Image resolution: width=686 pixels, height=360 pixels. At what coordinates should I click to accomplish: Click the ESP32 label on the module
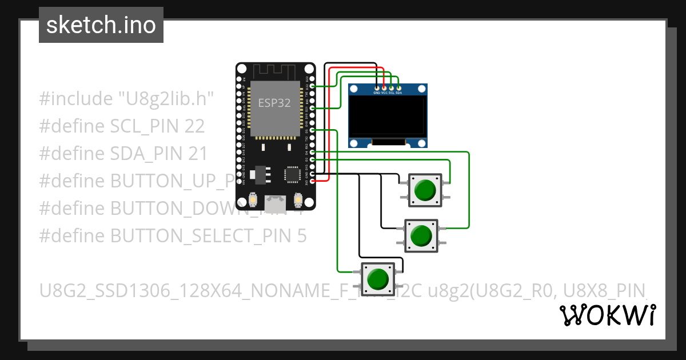tap(274, 103)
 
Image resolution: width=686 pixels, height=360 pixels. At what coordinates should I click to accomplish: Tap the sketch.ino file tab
tap(101, 25)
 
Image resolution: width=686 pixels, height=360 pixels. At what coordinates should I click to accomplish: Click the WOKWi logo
tap(607, 315)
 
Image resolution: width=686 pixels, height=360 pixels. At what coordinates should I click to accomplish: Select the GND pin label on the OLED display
tap(377, 92)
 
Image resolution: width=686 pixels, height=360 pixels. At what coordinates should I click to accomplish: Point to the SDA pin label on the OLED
tap(398, 92)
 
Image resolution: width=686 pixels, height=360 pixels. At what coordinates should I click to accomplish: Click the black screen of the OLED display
tap(388, 117)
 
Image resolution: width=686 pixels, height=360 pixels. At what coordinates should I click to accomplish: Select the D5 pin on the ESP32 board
tap(312, 130)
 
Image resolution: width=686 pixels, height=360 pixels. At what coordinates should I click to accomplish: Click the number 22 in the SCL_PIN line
tap(194, 126)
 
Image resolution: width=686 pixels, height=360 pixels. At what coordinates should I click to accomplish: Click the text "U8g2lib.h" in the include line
tap(166, 99)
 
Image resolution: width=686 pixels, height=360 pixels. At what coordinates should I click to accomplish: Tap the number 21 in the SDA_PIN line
tap(196, 154)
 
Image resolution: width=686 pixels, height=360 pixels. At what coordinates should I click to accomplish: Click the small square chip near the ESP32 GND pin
tap(292, 174)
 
